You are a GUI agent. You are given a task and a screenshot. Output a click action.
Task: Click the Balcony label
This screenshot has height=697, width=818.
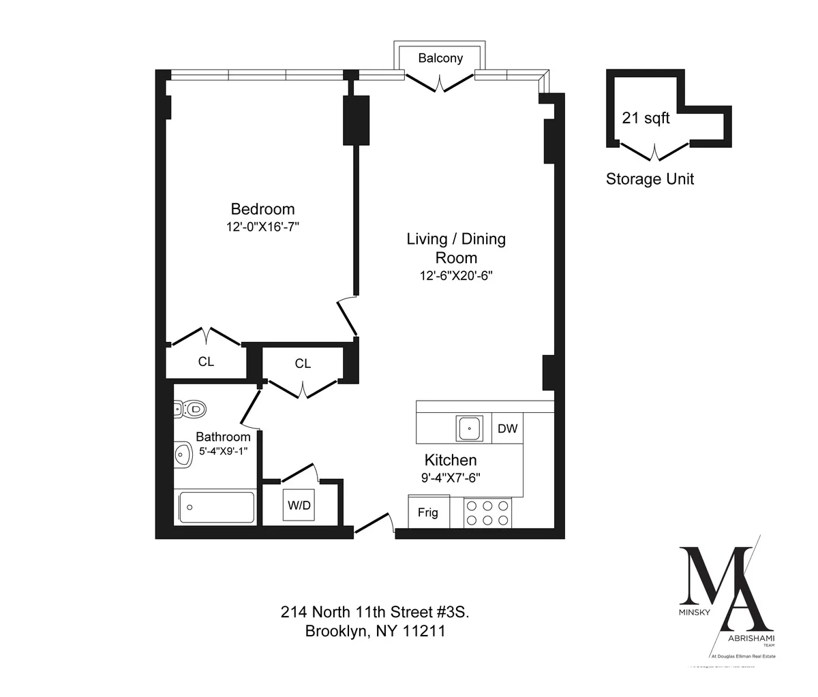pos(440,59)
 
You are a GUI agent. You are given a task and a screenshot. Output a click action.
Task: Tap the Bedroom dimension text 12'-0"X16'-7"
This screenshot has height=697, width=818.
pos(264,228)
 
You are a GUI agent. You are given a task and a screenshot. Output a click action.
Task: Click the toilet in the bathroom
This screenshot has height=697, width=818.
pos(189,409)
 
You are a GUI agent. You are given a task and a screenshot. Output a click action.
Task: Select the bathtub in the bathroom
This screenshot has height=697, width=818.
pos(216,508)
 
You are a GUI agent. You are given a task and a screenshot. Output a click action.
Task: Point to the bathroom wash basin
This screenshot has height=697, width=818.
pos(182,454)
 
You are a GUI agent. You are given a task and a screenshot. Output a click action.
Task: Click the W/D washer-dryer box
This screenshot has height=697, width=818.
pos(299,506)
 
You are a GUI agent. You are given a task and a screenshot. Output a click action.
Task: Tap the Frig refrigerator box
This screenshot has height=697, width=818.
pos(428,512)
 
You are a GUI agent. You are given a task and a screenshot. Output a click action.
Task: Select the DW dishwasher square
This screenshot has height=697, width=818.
pos(507,429)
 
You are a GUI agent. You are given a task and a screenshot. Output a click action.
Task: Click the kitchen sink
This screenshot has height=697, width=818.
pos(470,429)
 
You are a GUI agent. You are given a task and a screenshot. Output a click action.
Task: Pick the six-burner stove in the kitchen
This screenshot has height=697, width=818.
pos(487,512)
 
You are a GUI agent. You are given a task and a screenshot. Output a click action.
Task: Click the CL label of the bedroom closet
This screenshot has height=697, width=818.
pos(206,362)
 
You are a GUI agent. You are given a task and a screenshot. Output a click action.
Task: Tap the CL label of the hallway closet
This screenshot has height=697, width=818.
pos(303,364)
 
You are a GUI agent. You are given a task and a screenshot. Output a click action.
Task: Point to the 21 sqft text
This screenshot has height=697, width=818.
pos(646,119)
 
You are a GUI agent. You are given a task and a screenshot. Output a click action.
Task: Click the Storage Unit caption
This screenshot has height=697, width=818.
pos(650,179)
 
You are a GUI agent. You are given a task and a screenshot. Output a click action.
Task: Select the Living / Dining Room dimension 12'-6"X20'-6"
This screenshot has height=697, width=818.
pos(456,276)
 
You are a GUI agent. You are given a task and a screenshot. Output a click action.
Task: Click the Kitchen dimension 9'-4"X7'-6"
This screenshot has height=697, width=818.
pos(451,478)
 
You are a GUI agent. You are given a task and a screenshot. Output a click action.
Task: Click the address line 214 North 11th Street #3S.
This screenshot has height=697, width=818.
pos(375,612)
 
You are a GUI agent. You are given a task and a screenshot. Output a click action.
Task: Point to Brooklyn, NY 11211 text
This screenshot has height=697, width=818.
pos(375,632)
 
